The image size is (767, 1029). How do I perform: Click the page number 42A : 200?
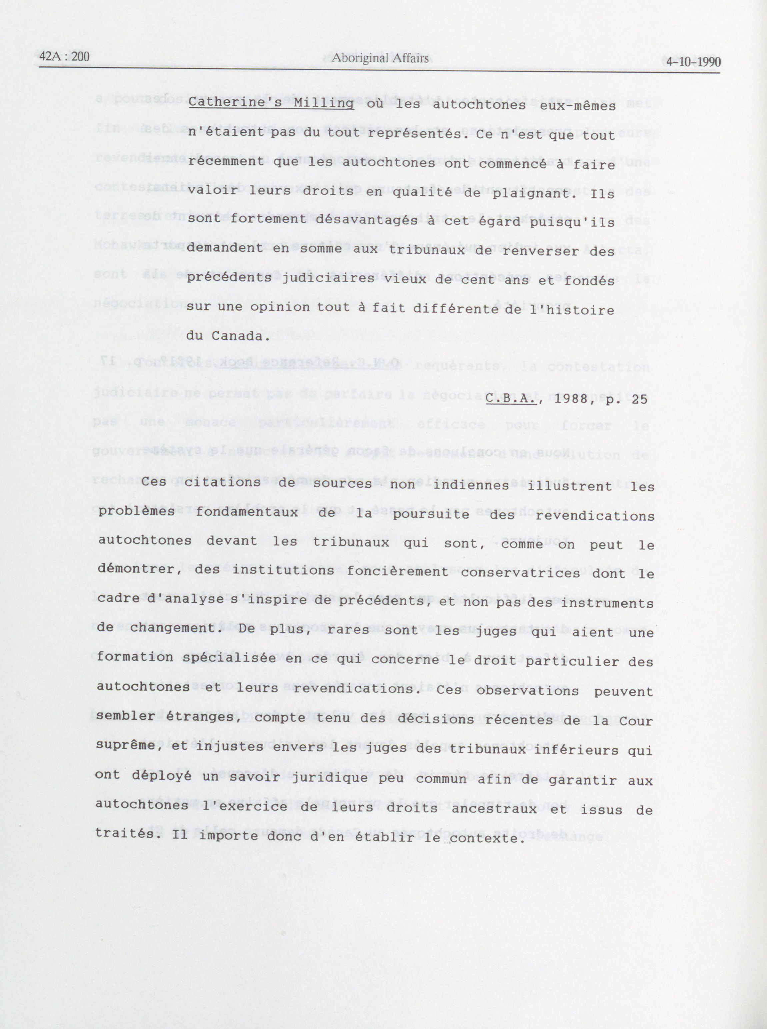(64, 57)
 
